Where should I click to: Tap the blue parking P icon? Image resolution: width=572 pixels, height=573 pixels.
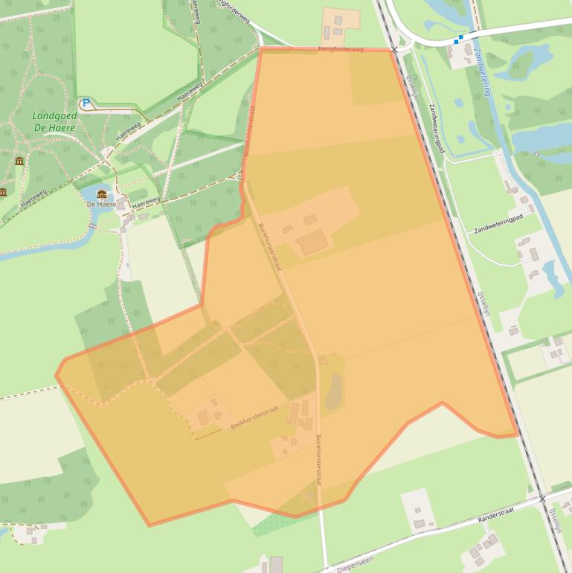pyautogui.click(x=86, y=103)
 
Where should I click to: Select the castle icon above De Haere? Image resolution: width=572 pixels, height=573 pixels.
pyautogui.click(x=102, y=194)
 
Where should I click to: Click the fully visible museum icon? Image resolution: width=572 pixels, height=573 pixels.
pyautogui.click(x=19, y=161)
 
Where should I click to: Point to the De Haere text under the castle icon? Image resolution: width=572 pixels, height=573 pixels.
pyautogui.click(x=101, y=204)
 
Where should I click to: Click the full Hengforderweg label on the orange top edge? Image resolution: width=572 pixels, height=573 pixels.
pyautogui.click(x=341, y=49)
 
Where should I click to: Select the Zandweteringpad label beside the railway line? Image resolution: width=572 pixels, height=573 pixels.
pyautogui.click(x=436, y=129)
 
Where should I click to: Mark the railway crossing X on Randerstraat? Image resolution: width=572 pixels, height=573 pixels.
pyautogui.click(x=543, y=498)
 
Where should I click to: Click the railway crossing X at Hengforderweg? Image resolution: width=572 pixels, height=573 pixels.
pyautogui.click(x=395, y=50)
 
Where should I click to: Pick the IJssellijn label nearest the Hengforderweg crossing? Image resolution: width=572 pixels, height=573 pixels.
pyautogui.click(x=413, y=87)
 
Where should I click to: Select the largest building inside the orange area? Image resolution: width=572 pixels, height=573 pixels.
pyautogui.click(x=312, y=242)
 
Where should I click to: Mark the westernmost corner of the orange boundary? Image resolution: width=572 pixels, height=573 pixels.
pyautogui.click(x=56, y=374)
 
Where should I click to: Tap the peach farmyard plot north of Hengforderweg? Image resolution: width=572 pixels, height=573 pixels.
pyautogui.click(x=340, y=24)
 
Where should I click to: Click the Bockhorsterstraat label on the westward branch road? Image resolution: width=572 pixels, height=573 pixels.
pyautogui.click(x=254, y=417)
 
